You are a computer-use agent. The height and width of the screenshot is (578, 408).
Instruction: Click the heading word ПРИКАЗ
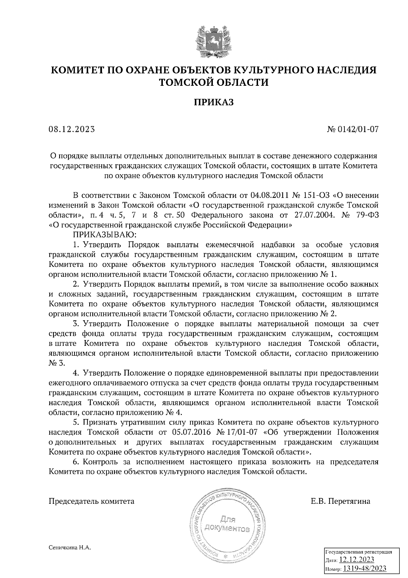[214, 102]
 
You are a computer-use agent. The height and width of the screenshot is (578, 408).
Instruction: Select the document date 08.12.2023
[72, 129]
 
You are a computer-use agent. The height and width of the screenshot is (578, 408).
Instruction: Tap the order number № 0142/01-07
[353, 129]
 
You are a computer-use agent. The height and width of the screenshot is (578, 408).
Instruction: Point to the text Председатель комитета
[92, 501]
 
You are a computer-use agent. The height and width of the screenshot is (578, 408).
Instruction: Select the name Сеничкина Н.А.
[70, 547]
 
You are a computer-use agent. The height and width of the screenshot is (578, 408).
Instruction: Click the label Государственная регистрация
[359, 552]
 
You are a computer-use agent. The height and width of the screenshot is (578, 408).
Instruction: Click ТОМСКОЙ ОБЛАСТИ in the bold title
[214, 82]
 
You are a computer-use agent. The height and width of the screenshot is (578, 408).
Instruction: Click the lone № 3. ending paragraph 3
[57, 363]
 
